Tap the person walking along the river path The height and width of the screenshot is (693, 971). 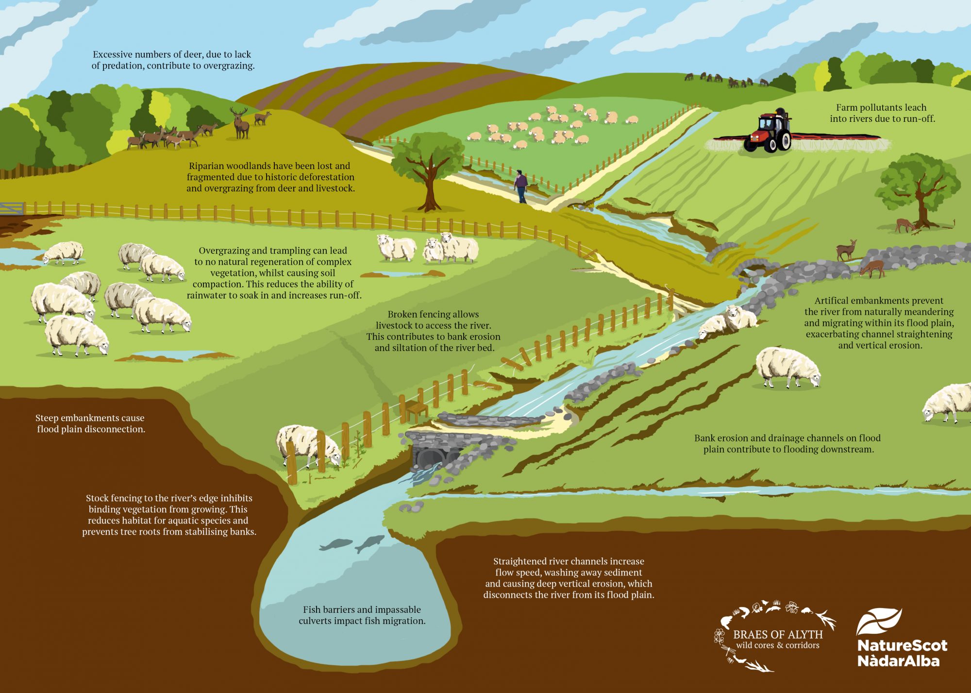click(x=520, y=186)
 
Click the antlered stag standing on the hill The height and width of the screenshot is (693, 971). click(x=239, y=122)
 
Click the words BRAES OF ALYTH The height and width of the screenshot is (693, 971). click(x=778, y=635)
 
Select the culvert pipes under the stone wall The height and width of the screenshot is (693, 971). click(x=431, y=456)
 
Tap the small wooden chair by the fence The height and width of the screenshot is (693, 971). click(x=417, y=411)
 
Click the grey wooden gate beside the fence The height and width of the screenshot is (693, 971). click(x=12, y=208)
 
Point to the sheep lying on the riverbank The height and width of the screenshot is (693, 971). click(x=728, y=321)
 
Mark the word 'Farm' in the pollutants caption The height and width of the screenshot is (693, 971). click(x=847, y=108)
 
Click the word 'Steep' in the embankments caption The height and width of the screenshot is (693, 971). click(x=47, y=418)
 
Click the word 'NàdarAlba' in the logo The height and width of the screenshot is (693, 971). click(x=898, y=661)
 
